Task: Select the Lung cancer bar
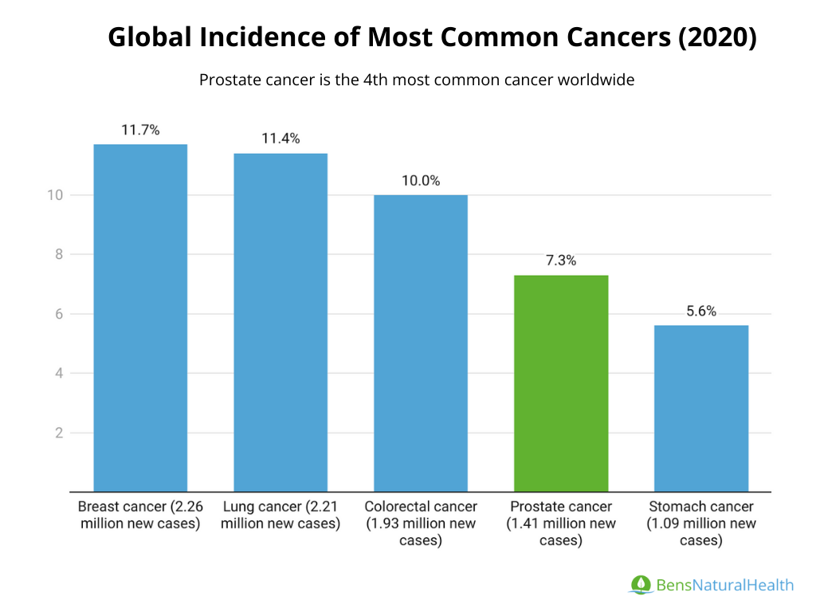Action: coord(280,322)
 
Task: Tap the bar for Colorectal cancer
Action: coord(421,343)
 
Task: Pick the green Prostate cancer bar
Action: coord(561,382)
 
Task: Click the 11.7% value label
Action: coord(141,130)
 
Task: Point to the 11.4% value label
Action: coord(280,139)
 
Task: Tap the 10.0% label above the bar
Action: coord(421,181)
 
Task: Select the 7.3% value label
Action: coord(561,261)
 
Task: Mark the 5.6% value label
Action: coord(701,312)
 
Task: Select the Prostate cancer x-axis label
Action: coord(561,524)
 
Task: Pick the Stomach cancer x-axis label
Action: coord(701,524)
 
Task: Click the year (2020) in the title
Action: coord(717,37)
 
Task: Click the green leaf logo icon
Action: coord(640,585)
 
